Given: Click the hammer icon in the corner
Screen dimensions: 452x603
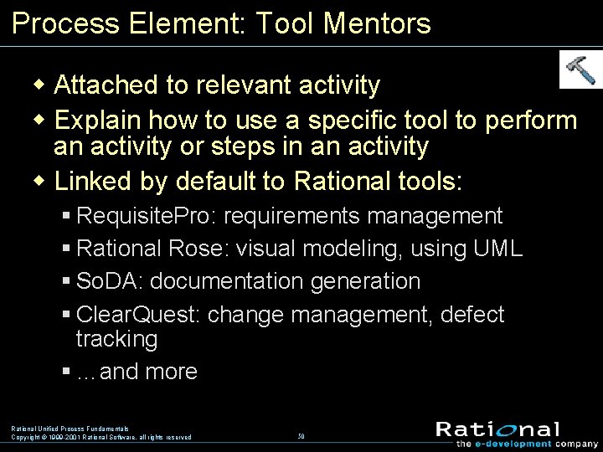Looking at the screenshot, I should (x=580, y=69).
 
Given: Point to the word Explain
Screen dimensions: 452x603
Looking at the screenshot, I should (x=100, y=121).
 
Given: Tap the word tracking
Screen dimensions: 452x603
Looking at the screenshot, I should (x=116, y=339).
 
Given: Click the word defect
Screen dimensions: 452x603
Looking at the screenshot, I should (x=472, y=315).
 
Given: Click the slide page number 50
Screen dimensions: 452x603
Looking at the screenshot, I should (x=301, y=436).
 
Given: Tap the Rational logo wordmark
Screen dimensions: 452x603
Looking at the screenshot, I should (x=497, y=429).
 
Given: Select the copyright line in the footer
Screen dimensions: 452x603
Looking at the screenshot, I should (x=101, y=437).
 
